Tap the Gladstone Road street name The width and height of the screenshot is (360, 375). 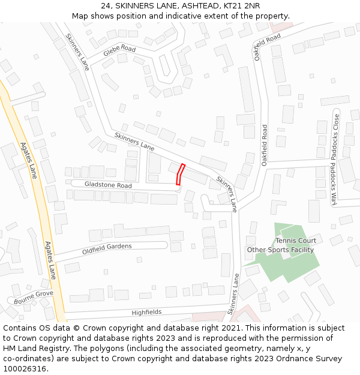108,185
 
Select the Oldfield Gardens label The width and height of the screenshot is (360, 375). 106,249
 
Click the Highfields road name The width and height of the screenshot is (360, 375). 146,313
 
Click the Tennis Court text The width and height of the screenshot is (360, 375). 296,241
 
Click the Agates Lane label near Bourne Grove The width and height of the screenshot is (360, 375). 50,260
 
